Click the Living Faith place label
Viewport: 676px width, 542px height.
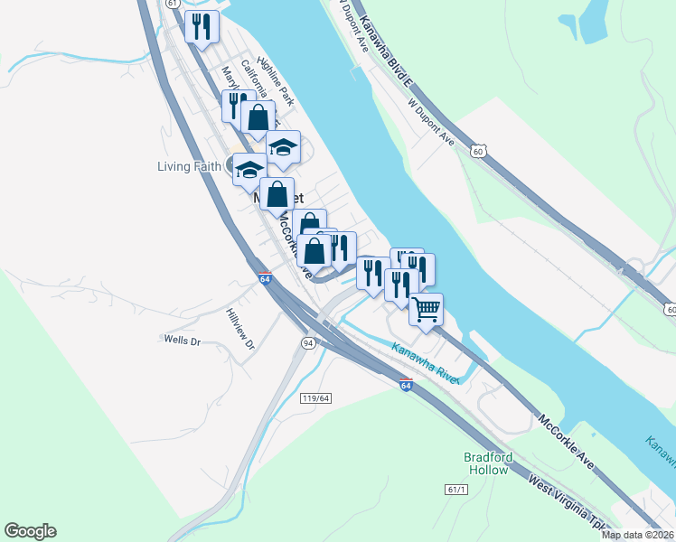(190, 166)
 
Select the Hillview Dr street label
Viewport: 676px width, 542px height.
(241, 330)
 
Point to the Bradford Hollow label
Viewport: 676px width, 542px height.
(487, 463)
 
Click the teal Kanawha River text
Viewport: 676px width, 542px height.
(426, 360)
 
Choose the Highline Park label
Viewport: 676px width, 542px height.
(276, 79)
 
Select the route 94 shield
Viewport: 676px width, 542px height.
(308, 343)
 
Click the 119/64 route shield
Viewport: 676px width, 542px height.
(315, 398)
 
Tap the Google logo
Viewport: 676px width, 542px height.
(30, 531)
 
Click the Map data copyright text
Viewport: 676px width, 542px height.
(637, 535)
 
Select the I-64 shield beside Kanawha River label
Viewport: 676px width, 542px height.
(406, 386)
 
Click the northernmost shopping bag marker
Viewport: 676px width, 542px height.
(258, 117)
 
